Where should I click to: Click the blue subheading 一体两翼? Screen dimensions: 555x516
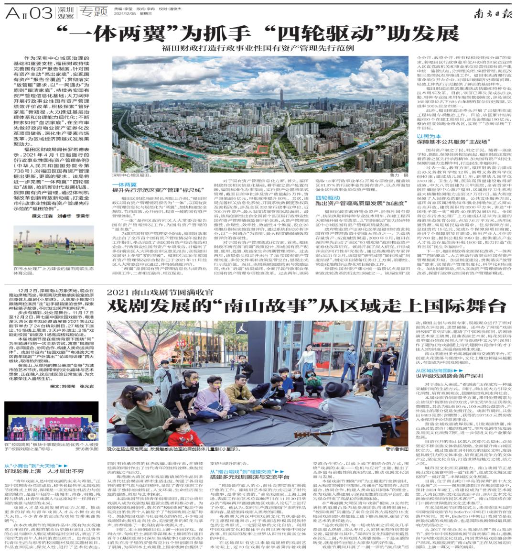coord(124,184)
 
